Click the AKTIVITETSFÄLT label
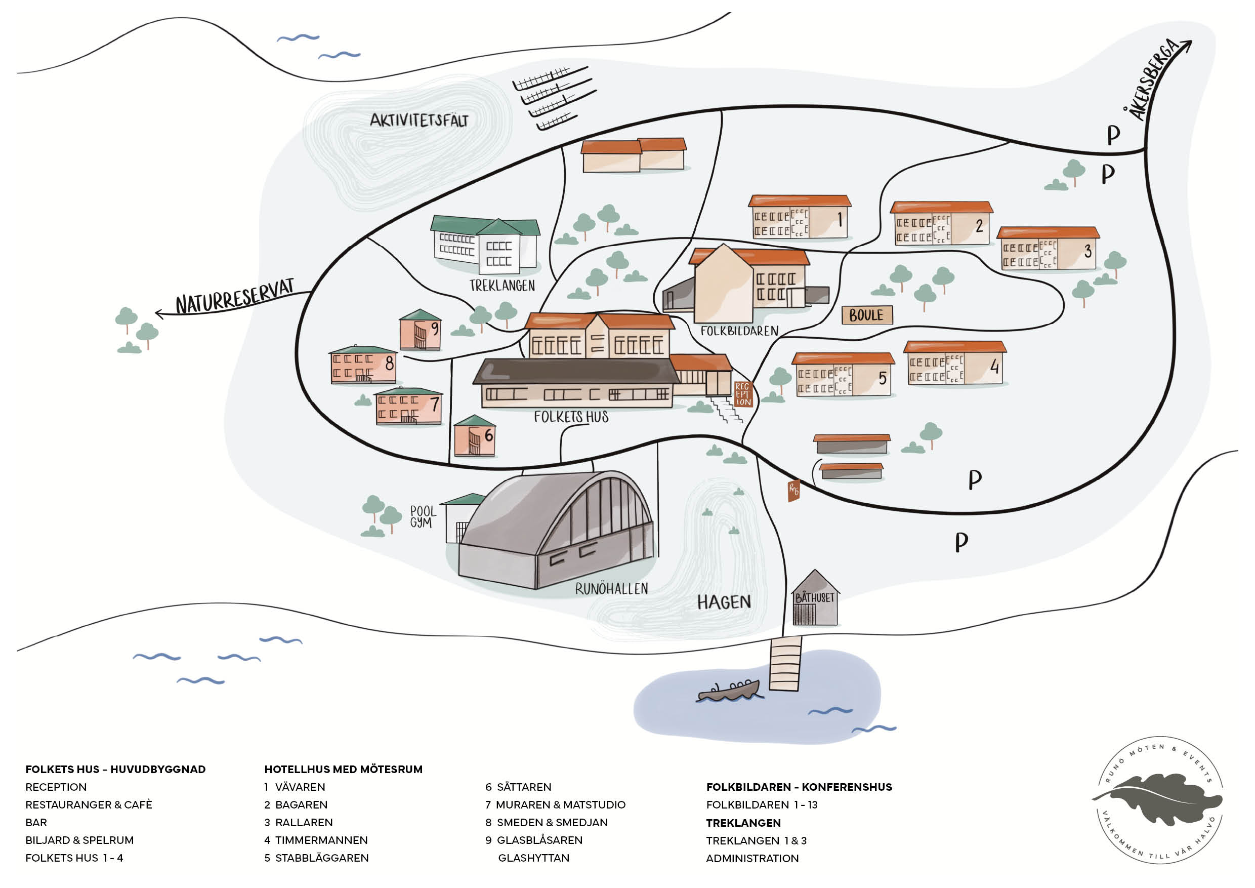419,120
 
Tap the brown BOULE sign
867,315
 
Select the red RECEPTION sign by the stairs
743,394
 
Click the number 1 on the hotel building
840,219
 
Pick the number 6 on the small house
489,435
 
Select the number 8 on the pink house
389,363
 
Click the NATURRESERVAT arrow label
234,297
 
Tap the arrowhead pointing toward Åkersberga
1187,46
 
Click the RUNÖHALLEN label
612,589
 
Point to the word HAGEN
724,602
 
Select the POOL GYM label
423,517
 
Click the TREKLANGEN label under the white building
503,286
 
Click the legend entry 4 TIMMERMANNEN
316,840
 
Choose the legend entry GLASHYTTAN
533,858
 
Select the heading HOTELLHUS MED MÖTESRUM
343,770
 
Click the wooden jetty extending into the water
785,663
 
